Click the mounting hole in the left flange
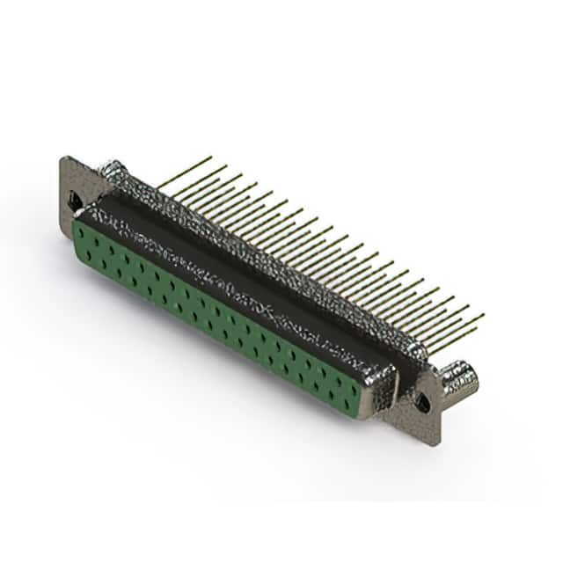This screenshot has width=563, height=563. [76, 201]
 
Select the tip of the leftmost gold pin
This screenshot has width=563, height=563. [211, 157]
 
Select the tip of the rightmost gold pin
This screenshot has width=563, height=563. [483, 315]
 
